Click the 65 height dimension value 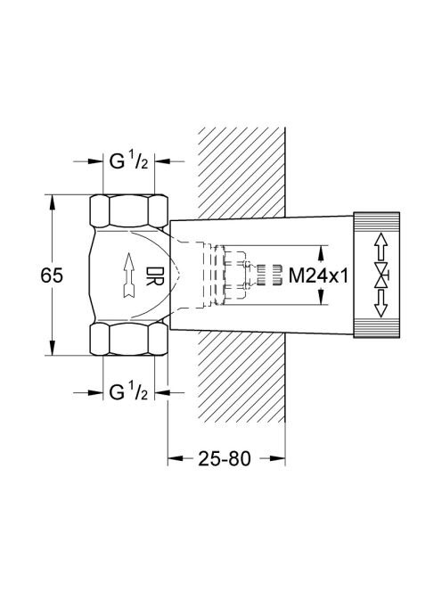point(52,275)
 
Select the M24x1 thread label point(318,275)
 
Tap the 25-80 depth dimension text point(225,459)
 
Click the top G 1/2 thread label point(128,161)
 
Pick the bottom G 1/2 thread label point(128,392)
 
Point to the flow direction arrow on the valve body point(129,275)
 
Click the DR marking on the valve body point(154,276)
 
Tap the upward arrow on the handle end point(381,246)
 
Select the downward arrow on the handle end point(381,303)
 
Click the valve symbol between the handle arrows point(382,275)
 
